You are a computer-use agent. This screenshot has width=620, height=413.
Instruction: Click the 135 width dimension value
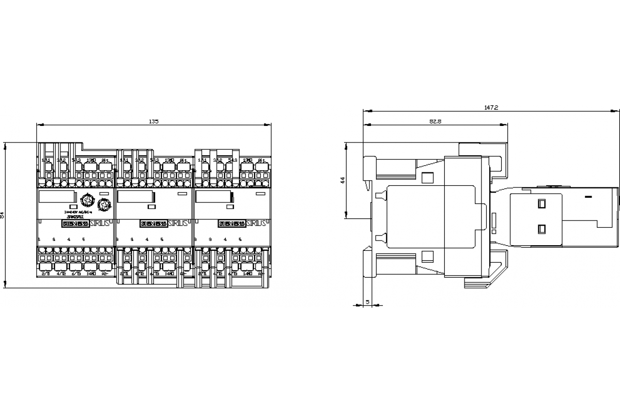click(153, 121)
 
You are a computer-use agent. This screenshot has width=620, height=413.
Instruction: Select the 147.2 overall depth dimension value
click(491, 107)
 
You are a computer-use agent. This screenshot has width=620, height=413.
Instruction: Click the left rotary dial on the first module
click(87, 199)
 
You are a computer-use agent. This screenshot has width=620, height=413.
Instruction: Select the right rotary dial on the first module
click(104, 205)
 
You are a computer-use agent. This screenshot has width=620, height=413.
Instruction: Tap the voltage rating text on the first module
click(77, 212)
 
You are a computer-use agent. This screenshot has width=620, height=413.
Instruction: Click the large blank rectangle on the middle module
click(136, 197)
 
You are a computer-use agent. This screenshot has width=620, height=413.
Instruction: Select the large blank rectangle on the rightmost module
click(214, 197)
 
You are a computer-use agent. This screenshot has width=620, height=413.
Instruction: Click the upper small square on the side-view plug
click(541, 203)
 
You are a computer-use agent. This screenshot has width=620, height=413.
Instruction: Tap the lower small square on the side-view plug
click(541, 228)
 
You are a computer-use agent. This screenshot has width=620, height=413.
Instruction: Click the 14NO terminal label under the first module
click(91, 274)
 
